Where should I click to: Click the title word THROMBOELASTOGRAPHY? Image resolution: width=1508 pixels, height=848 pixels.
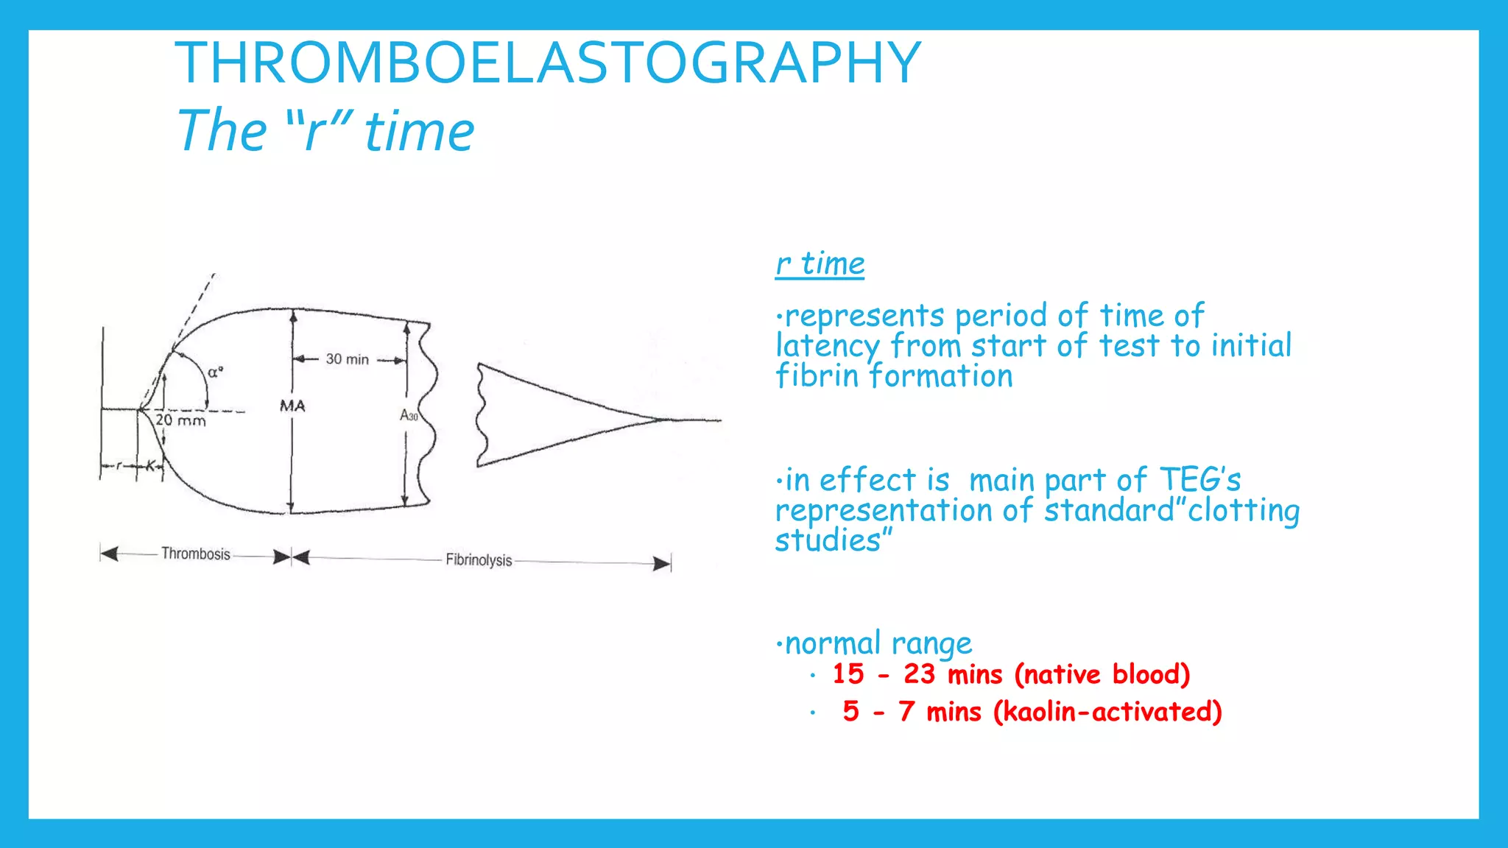(548, 63)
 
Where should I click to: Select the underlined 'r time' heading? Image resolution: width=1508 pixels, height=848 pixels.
(820, 264)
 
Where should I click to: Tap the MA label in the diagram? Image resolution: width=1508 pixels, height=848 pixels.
(292, 406)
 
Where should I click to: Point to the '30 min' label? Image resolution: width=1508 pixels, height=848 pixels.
(348, 359)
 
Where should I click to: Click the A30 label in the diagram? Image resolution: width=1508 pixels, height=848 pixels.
(409, 416)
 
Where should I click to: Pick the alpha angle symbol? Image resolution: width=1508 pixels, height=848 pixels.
(215, 372)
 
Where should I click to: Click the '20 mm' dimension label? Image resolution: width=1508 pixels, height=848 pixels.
(181, 421)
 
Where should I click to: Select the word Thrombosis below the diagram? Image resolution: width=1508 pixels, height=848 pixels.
(196, 554)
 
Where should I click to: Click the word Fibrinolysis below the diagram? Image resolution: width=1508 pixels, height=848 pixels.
(479, 560)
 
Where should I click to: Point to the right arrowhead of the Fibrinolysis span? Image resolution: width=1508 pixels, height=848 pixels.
(663, 564)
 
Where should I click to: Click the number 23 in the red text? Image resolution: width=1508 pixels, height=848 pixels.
(919, 674)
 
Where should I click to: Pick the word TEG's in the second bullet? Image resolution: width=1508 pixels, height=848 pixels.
(1200, 480)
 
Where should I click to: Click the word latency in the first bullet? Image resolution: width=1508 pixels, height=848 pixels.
(827, 346)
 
